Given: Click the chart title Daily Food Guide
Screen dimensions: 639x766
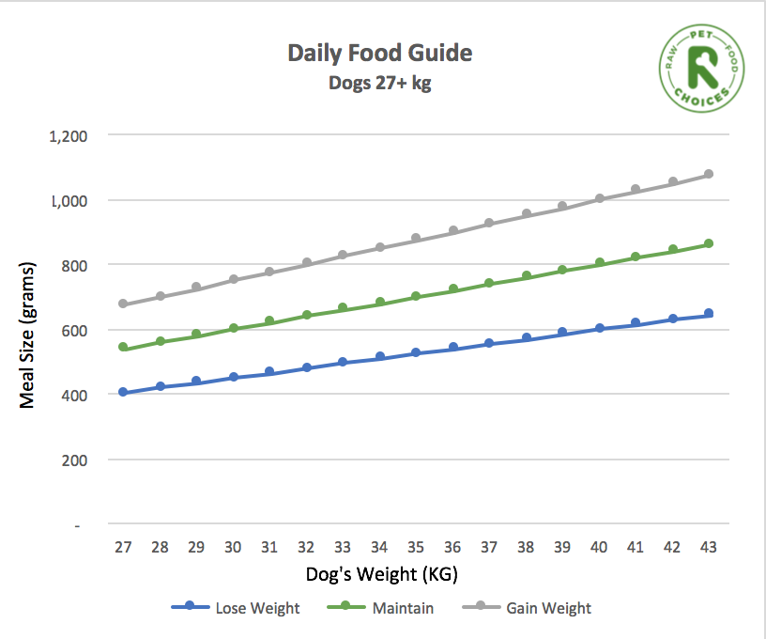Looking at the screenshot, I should click(379, 54).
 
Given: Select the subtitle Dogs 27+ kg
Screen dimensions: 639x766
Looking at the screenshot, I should click(379, 82).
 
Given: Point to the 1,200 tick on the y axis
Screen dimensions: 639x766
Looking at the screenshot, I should click(67, 135).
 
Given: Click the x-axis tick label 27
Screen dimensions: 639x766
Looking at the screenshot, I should click(123, 546).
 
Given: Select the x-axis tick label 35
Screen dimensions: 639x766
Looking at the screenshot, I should click(416, 546).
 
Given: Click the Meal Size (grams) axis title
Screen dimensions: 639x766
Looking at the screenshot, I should click(27, 330).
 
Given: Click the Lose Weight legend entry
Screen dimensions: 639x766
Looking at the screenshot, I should click(236, 608).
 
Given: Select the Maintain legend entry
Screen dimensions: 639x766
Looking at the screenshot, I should click(381, 608).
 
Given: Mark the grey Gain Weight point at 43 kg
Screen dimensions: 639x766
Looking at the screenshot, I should click(709, 174).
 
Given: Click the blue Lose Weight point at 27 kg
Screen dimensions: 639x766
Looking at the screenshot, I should click(123, 392).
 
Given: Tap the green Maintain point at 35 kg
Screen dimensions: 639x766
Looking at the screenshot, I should click(416, 296).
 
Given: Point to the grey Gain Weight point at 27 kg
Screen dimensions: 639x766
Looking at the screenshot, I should click(123, 304).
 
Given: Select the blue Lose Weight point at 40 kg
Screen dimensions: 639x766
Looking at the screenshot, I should click(599, 328).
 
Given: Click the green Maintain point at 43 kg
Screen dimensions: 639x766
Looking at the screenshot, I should click(709, 243).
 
